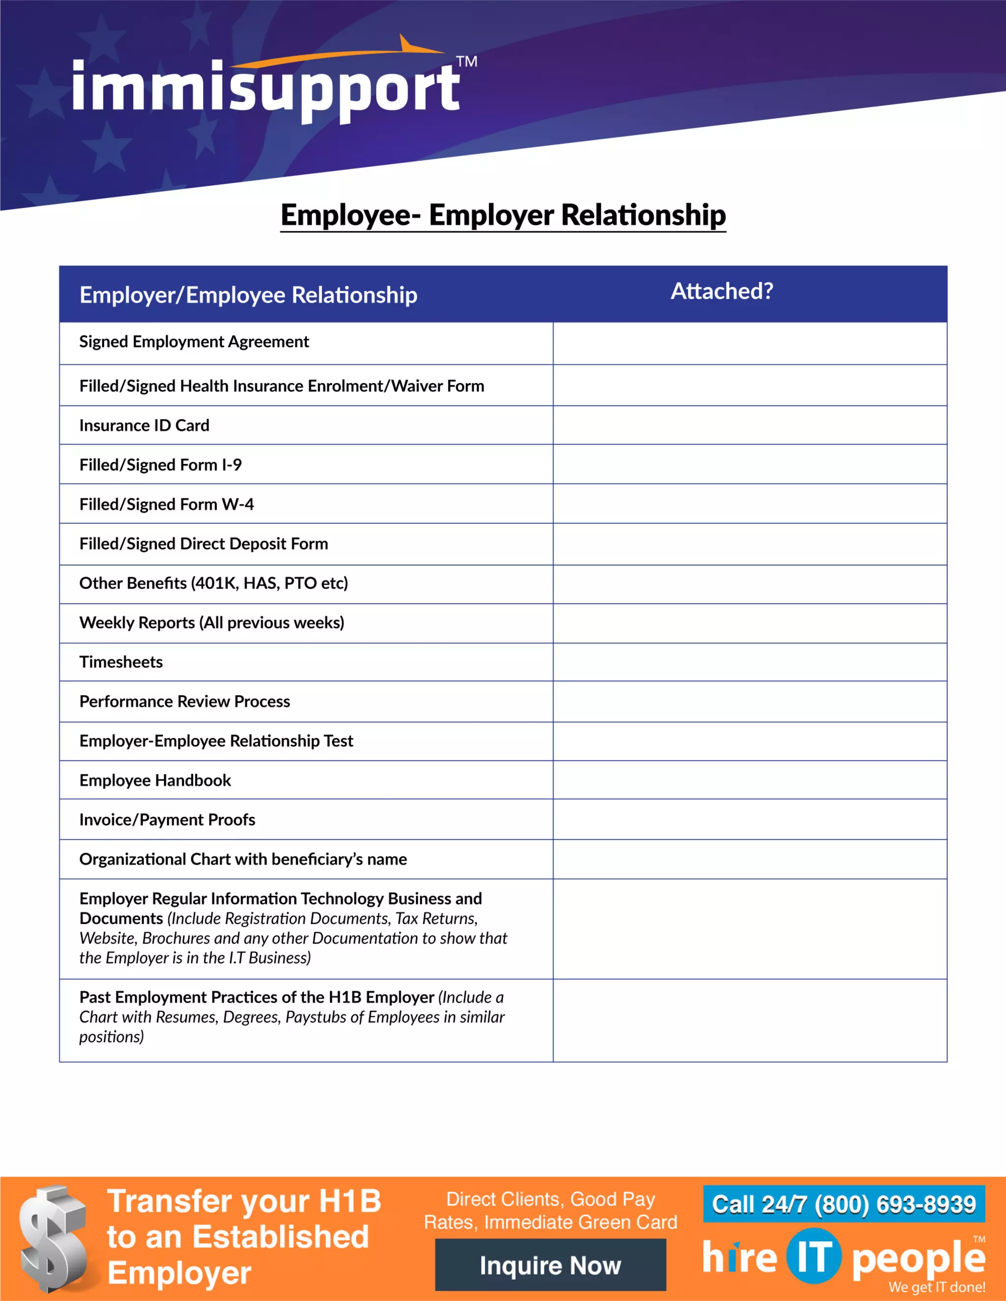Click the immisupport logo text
pos(266,89)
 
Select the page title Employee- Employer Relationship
pos(503,215)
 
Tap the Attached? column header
pos(722,291)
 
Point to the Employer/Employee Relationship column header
pos(249,295)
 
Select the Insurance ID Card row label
pos(144,425)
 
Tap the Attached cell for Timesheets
pos(749,662)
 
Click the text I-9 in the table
pos(232,464)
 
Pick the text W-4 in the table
pos(238,505)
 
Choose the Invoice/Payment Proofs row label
pos(167,820)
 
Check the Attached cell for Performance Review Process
pos(749,701)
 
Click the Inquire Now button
pos(550,1266)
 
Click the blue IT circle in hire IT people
pos(813,1256)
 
